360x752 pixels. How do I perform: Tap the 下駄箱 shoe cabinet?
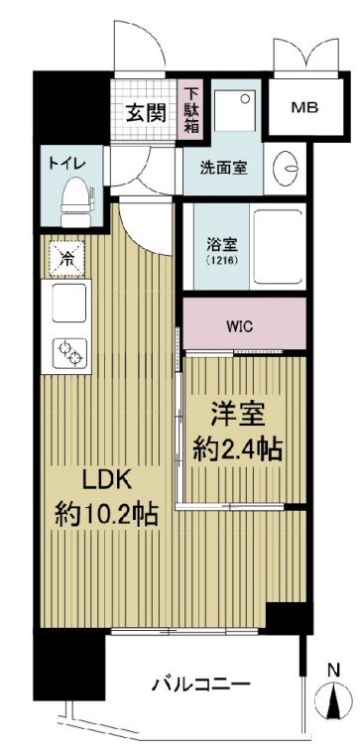click(x=190, y=111)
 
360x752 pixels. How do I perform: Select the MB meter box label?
click(x=305, y=106)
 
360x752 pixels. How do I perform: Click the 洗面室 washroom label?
click(x=225, y=167)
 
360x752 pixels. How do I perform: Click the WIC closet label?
click(x=241, y=323)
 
